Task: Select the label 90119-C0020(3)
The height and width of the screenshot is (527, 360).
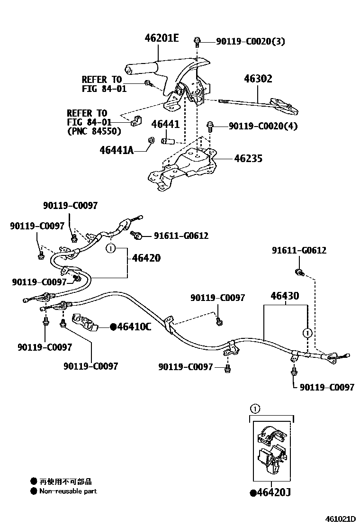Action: tap(251, 42)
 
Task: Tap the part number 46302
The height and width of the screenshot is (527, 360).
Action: tap(258, 79)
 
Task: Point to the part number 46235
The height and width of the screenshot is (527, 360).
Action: tap(248, 159)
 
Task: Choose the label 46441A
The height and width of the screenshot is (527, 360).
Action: tap(117, 151)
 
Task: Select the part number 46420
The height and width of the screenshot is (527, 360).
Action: tap(146, 258)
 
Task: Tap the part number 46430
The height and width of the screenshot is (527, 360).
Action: tap(285, 296)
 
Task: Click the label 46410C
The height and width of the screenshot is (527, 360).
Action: tap(134, 327)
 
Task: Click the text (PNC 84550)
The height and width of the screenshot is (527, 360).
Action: tap(94, 131)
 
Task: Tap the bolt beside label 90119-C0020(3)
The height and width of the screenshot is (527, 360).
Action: tap(197, 42)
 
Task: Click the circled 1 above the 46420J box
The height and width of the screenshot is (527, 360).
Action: tap(254, 407)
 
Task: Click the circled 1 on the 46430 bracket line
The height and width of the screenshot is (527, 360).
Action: tap(307, 333)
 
